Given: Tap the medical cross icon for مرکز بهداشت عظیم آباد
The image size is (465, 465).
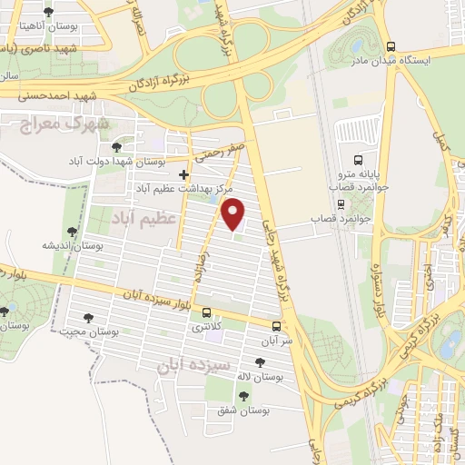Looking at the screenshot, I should (184, 173).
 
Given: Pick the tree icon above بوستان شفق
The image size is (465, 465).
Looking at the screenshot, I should (242, 395).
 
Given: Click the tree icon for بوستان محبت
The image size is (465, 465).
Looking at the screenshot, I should (87, 318).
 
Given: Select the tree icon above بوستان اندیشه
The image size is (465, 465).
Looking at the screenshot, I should (72, 232).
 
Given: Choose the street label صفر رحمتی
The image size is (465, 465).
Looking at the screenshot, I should (220, 153).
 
